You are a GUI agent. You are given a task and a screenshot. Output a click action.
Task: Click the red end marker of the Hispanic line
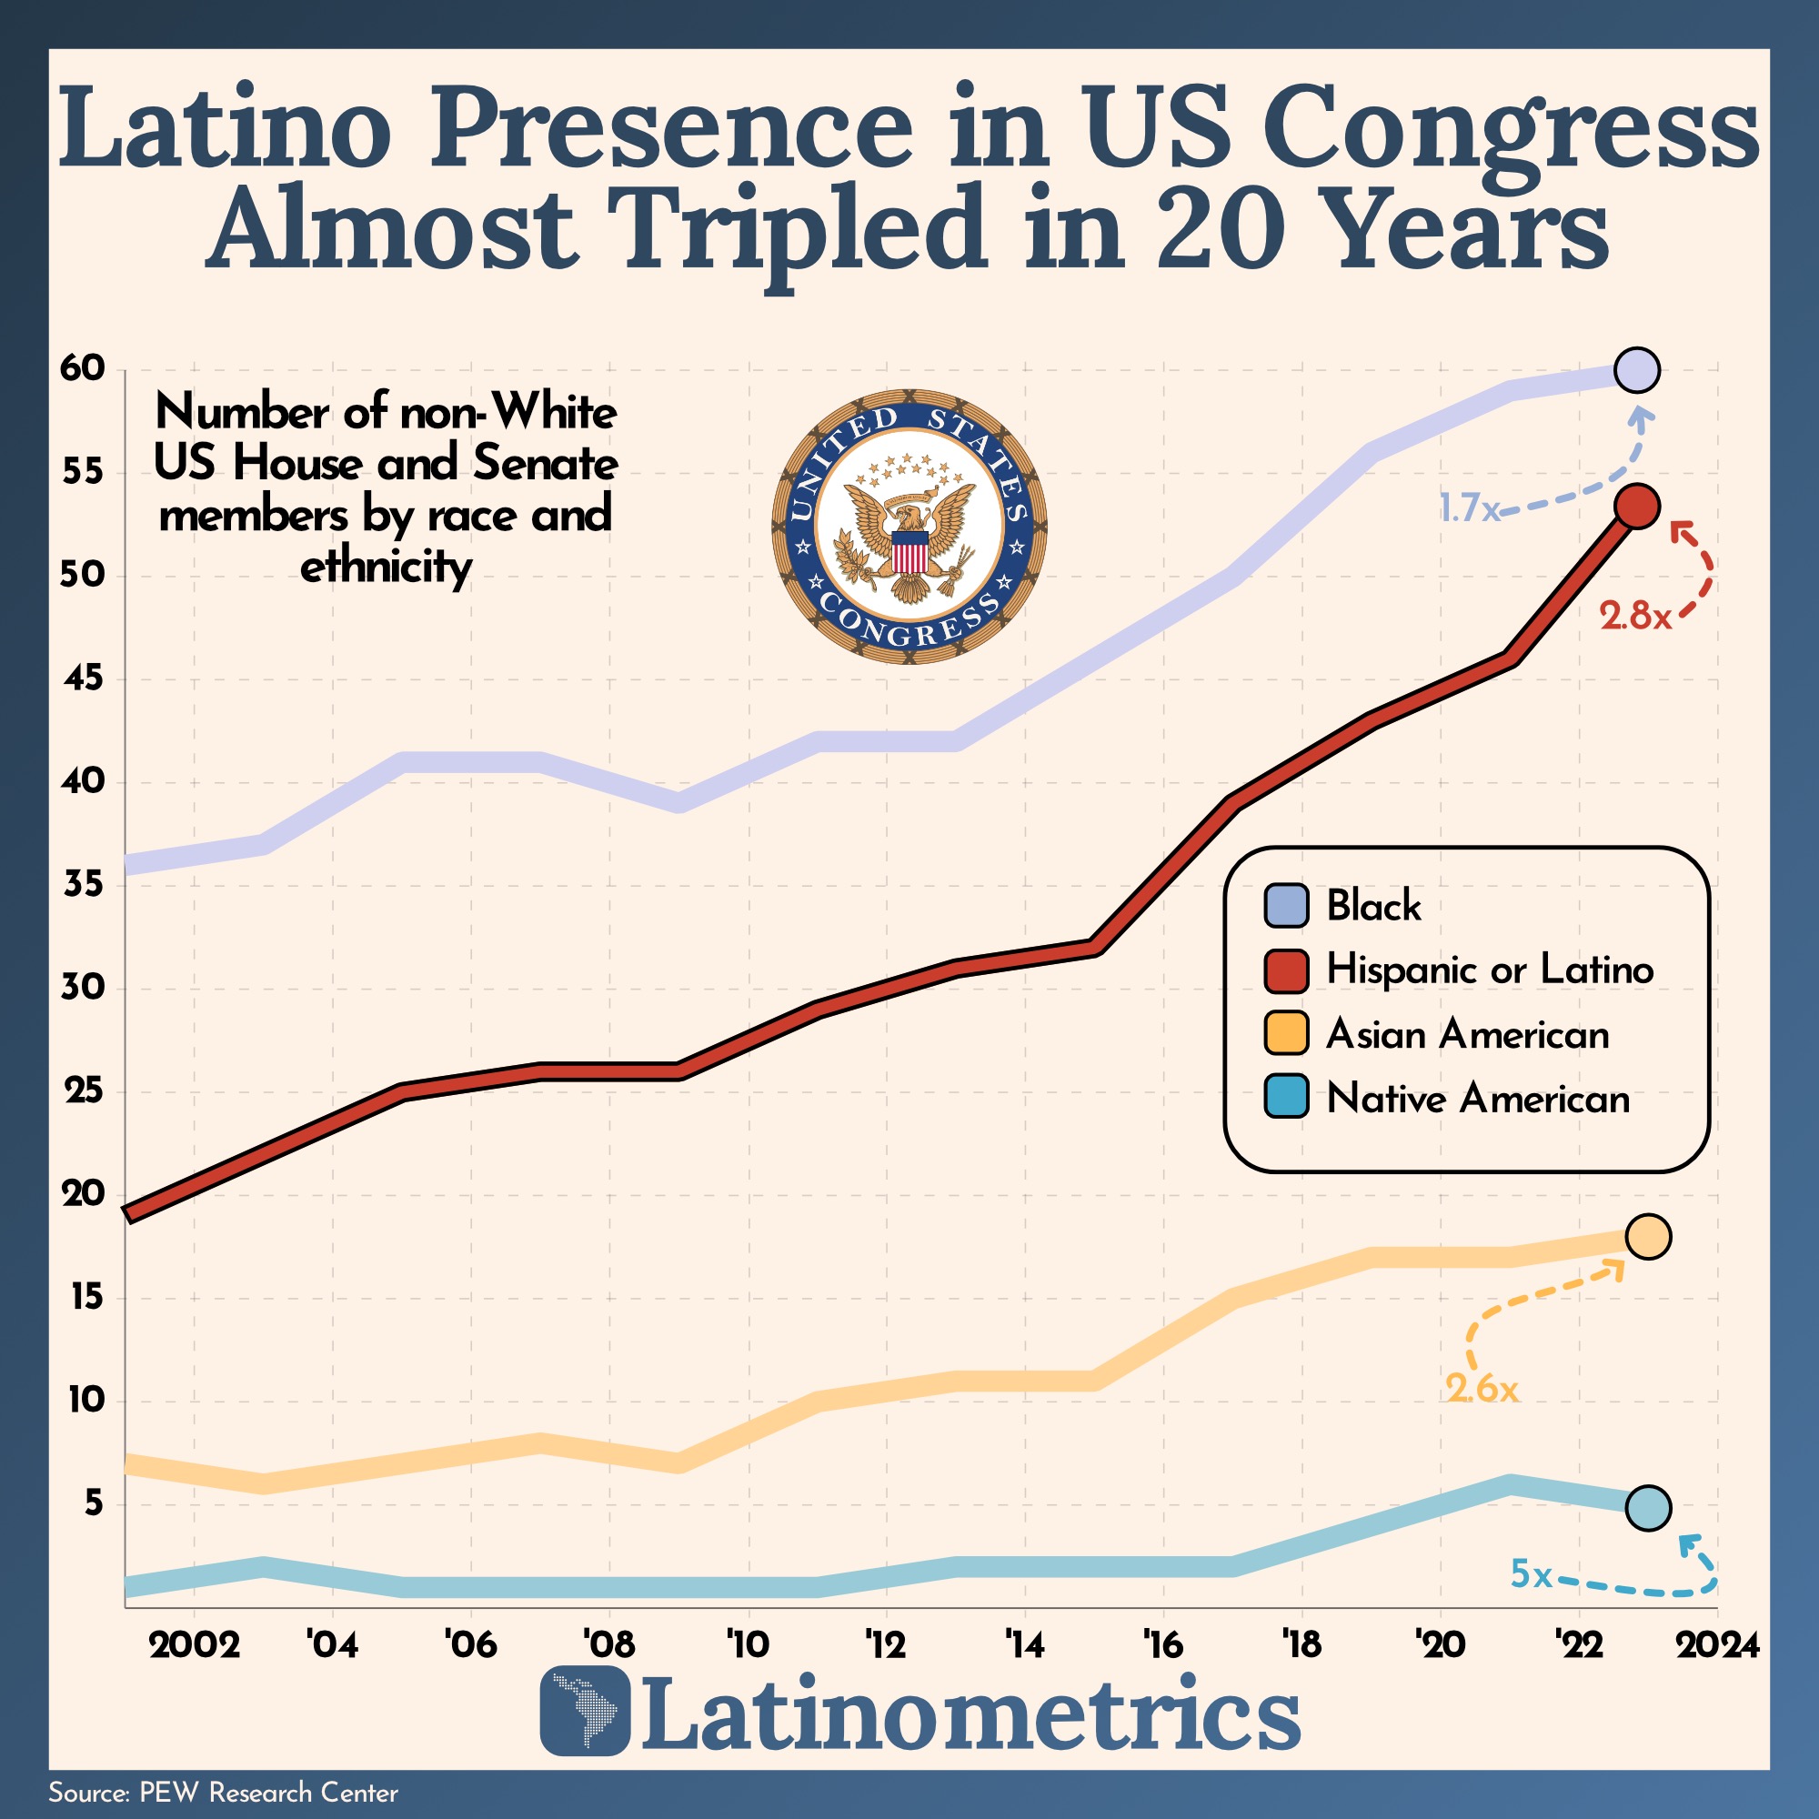click(x=1636, y=507)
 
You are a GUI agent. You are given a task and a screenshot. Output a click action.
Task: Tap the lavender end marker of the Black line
click(x=1636, y=371)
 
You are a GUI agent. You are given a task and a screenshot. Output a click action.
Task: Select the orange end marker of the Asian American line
click(x=1648, y=1236)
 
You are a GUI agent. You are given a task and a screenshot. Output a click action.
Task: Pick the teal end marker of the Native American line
click(x=1648, y=1507)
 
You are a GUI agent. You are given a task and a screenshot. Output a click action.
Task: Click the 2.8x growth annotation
click(x=1635, y=617)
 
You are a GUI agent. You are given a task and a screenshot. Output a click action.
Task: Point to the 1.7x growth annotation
click(x=1469, y=509)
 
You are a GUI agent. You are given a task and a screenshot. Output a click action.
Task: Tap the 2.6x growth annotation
click(x=1482, y=1389)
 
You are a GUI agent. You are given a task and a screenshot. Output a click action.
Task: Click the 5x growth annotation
click(x=1531, y=1574)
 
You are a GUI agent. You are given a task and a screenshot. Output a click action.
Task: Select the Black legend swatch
click(x=1286, y=906)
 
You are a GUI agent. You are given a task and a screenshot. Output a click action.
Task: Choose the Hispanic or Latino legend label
click(x=1490, y=970)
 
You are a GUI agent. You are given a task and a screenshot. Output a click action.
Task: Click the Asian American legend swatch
click(x=1286, y=1034)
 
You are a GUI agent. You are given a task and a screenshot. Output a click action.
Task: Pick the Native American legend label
click(x=1478, y=1099)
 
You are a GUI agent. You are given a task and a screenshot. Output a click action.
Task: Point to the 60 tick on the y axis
click(x=82, y=368)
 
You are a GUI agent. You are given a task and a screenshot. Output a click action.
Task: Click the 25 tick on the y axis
click(x=82, y=1092)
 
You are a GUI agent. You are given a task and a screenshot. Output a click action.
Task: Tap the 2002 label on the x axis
click(x=194, y=1644)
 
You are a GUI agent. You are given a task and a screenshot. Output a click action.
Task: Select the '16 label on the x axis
click(x=1164, y=1644)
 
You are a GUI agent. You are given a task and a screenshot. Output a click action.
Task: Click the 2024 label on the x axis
click(x=1717, y=1644)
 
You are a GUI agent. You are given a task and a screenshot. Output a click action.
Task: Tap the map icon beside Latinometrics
click(x=585, y=1711)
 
